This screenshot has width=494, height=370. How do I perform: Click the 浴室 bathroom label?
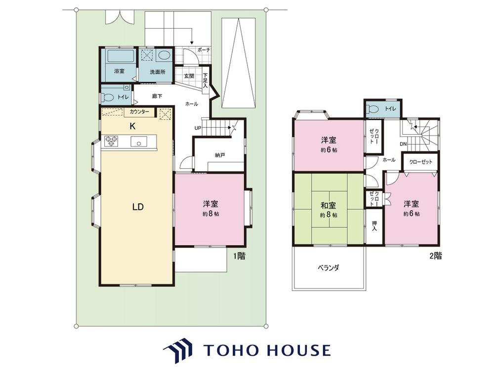[119, 71]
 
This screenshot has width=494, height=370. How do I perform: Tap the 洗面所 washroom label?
[157, 72]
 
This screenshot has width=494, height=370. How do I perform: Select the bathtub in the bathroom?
[121, 56]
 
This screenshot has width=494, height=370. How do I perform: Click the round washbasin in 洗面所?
[163, 56]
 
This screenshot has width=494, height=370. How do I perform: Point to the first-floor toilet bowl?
[107, 98]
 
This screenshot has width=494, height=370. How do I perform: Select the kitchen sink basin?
[139, 142]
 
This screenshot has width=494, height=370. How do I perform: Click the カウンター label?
[139, 111]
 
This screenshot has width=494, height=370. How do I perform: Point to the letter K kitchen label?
[132, 126]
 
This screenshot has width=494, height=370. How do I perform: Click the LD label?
[138, 207]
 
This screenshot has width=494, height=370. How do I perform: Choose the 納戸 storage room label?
[220, 155]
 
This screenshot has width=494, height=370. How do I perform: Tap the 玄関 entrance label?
[189, 76]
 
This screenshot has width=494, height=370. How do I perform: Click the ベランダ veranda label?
[329, 268]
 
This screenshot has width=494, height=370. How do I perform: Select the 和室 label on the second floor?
[328, 206]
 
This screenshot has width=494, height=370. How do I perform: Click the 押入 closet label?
[374, 226]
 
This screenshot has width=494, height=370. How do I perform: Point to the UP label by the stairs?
[198, 128]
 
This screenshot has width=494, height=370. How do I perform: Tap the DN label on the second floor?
[403, 144]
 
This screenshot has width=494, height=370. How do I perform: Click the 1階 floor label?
[239, 256]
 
